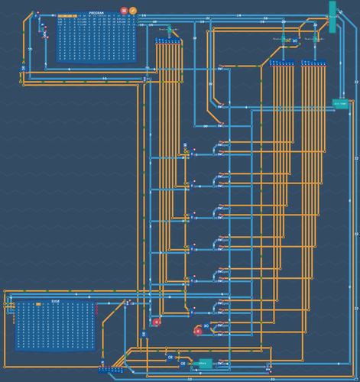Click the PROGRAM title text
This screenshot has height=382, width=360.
click(x=96, y=13)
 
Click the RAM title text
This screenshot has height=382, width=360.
click(x=55, y=302)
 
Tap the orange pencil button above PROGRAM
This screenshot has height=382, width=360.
click(x=133, y=10)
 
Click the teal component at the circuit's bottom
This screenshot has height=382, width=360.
click(x=203, y=364)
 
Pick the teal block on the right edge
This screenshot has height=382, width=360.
click(x=339, y=102)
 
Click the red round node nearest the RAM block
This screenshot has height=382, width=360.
click(x=157, y=322)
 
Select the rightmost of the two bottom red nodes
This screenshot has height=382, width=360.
click(x=197, y=331)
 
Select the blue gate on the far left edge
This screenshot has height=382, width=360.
click(x=23, y=68)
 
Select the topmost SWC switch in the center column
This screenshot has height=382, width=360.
click(x=222, y=68)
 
